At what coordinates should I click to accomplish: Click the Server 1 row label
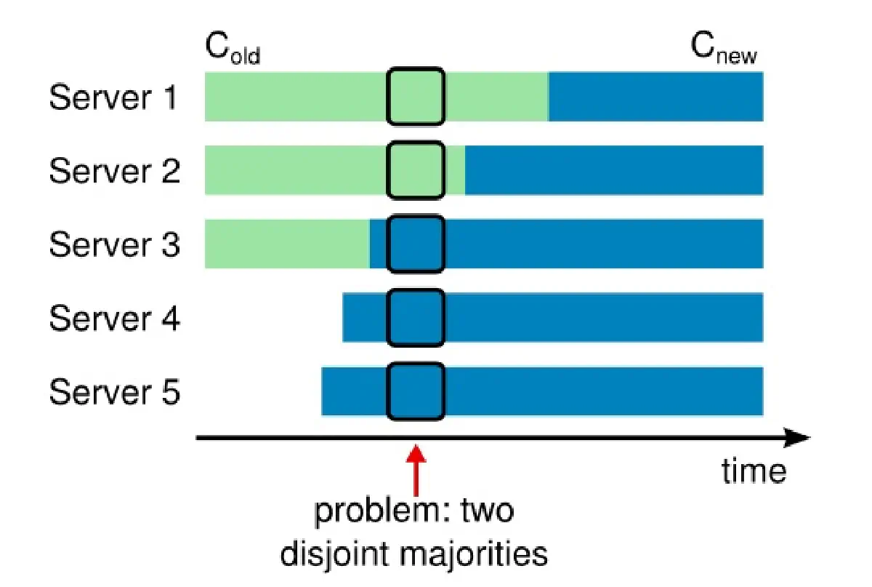113,97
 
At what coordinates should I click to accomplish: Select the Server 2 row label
113,171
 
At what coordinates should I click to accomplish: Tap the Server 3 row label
113,245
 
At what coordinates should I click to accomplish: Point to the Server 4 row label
113,319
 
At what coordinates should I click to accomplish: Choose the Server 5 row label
113,393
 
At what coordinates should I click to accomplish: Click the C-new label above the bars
723,49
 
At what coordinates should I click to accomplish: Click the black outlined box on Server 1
415,96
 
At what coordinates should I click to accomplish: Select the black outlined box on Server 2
415,170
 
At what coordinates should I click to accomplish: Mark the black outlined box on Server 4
415,318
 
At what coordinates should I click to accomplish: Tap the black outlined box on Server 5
415,392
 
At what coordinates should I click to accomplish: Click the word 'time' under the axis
754,471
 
